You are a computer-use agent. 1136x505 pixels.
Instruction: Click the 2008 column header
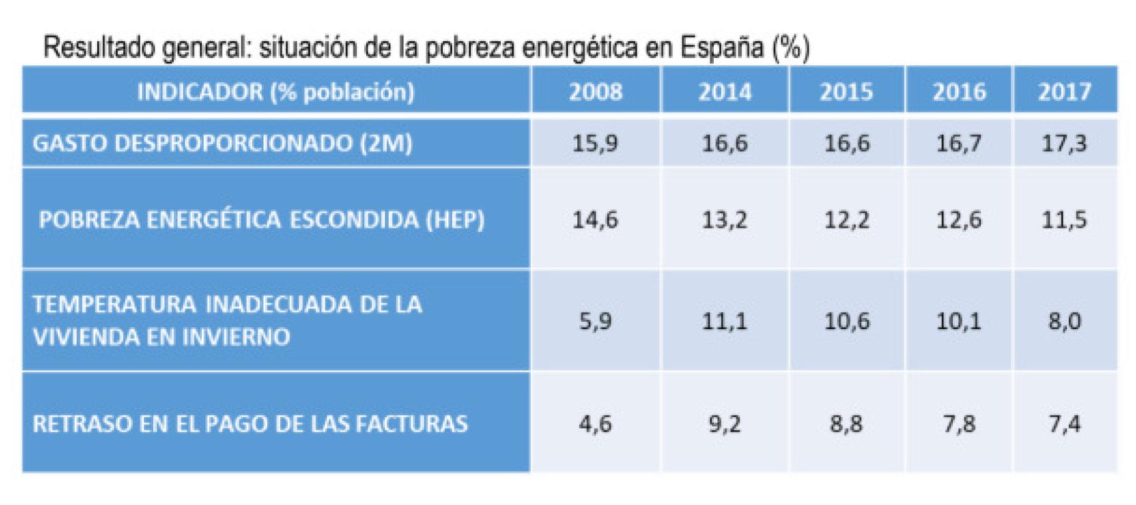point(595,91)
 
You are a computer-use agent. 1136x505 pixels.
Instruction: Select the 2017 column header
point(1064,91)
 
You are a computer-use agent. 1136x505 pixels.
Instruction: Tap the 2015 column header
point(846,91)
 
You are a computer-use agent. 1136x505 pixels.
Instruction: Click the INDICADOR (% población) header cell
point(276,91)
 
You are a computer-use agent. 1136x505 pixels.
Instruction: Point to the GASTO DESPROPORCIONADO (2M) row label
point(222,143)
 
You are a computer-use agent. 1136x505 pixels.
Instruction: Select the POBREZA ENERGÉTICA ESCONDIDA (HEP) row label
point(262,220)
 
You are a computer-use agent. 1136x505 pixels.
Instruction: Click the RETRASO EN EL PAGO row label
point(250,424)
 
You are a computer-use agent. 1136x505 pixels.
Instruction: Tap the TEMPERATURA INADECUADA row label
point(227,320)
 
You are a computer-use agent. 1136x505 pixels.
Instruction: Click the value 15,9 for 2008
point(595,143)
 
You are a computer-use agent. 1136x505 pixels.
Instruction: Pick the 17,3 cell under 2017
point(1064,143)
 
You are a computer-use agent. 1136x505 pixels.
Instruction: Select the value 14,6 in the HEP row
point(595,220)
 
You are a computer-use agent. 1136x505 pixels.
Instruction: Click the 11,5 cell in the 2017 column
point(1064,220)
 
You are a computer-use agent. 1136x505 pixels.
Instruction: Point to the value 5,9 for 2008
point(595,321)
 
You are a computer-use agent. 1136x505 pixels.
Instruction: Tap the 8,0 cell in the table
point(1064,321)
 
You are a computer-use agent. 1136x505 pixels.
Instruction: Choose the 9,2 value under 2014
point(724,424)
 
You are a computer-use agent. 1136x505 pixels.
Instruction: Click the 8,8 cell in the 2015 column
point(846,424)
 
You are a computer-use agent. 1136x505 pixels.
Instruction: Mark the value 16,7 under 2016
point(959,143)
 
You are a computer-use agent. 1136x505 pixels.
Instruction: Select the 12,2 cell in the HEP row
point(846,220)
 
